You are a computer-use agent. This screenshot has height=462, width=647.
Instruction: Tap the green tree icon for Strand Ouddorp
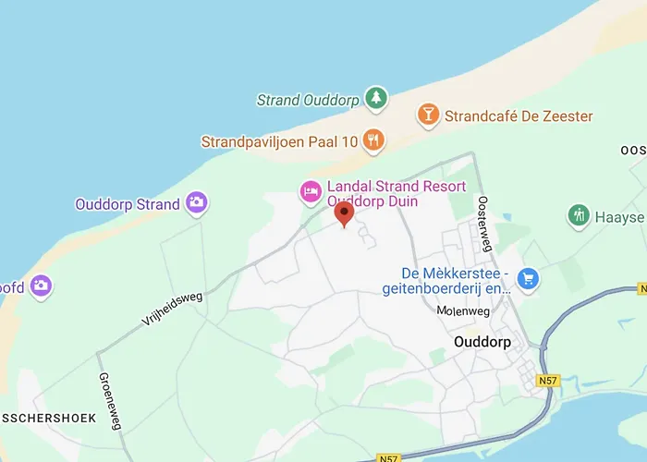click(x=375, y=97)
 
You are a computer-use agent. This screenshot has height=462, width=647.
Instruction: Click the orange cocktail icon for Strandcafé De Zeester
click(x=427, y=115)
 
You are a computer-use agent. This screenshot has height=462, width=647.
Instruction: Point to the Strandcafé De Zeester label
click(x=519, y=116)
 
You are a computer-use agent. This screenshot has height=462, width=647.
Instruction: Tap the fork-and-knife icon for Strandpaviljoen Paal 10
click(x=373, y=140)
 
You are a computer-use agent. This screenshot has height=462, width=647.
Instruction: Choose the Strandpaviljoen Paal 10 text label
click(x=279, y=142)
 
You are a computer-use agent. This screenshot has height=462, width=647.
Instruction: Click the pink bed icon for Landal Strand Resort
click(x=310, y=191)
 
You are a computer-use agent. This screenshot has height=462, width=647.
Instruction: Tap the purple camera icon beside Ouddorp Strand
click(x=196, y=202)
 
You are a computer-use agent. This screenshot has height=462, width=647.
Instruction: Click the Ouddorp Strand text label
click(x=128, y=204)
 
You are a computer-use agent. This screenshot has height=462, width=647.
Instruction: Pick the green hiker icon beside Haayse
click(x=579, y=216)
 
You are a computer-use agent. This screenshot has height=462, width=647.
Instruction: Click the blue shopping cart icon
click(x=528, y=277)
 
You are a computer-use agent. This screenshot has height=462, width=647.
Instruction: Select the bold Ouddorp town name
click(x=483, y=341)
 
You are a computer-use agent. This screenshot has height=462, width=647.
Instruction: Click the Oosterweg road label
click(x=484, y=223)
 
